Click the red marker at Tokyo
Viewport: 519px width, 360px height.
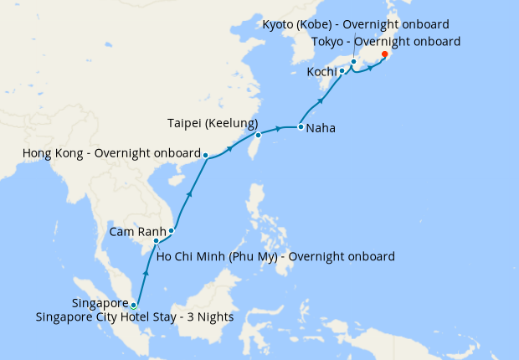tap(384, 55)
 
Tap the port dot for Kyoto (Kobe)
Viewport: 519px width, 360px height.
tap(354, 62)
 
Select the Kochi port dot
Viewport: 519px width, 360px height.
tap(342, 71)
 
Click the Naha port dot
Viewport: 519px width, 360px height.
tap(301, 127)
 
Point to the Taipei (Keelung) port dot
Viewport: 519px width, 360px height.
tap(259, 135)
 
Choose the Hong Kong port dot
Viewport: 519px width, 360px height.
tap(206, 155)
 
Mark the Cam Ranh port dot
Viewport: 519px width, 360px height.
tap(172, 230)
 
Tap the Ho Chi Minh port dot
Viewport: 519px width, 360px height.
tap(157, 242)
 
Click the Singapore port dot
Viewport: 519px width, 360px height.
tap(133, 305)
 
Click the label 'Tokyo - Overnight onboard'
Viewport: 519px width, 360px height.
tap(385, 41)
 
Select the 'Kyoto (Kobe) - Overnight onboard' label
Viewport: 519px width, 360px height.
tap(356, 24)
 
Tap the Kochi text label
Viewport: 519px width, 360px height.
tap(321, 72)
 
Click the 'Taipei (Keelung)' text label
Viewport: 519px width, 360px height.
tap(211, 123)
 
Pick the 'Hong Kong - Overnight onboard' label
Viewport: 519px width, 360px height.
tap(111, 154)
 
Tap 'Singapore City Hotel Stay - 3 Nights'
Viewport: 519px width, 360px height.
tap(134, 317)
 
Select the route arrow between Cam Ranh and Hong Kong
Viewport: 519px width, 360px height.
tap(190, 194)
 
